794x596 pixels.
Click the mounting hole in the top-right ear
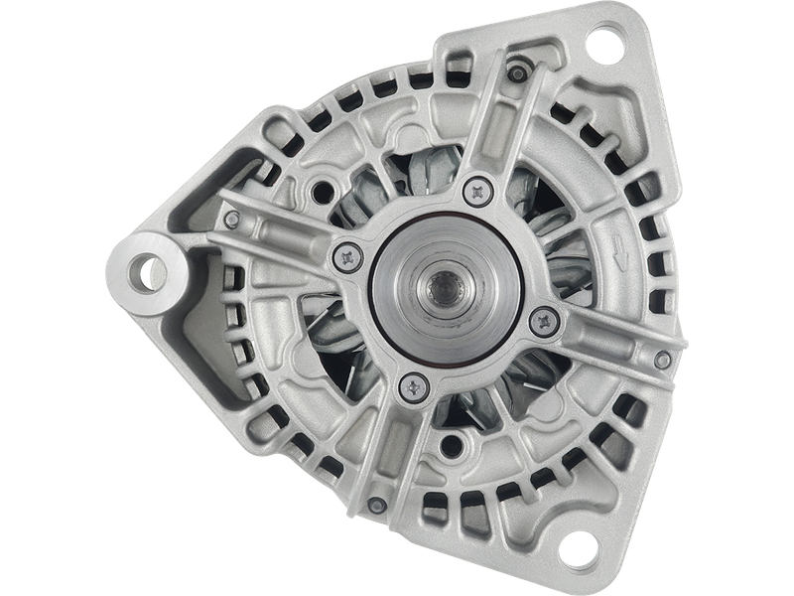[602, 44]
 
